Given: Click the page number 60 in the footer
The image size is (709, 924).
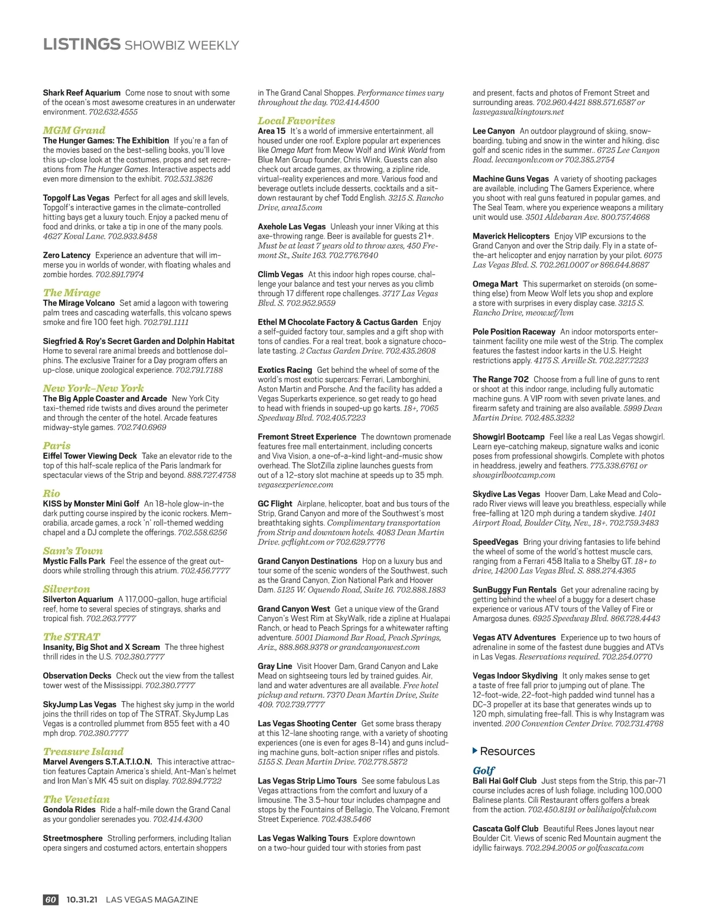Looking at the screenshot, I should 51,899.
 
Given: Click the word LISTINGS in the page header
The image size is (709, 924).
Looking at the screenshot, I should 82,44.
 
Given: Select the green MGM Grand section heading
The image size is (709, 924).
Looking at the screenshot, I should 74,130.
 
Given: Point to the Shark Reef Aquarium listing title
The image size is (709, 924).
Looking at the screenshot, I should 82,93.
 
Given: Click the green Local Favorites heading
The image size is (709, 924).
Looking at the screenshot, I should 296,121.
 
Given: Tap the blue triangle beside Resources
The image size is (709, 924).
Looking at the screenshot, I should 475,751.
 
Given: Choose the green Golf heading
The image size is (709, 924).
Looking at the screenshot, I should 483,770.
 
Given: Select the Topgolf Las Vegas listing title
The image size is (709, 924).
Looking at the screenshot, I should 76,198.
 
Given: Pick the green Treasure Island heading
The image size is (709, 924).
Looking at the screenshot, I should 83,751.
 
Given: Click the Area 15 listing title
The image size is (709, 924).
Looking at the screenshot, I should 272,131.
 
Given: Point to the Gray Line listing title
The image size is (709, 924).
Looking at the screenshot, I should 275,666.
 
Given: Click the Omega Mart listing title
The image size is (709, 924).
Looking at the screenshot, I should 495,284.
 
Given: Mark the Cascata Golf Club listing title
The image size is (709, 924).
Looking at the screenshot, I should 505,829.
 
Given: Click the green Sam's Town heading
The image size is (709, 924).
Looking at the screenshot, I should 73,551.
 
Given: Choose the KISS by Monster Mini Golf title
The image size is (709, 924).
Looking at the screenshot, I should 91,504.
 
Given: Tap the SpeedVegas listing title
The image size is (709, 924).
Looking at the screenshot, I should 495,542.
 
